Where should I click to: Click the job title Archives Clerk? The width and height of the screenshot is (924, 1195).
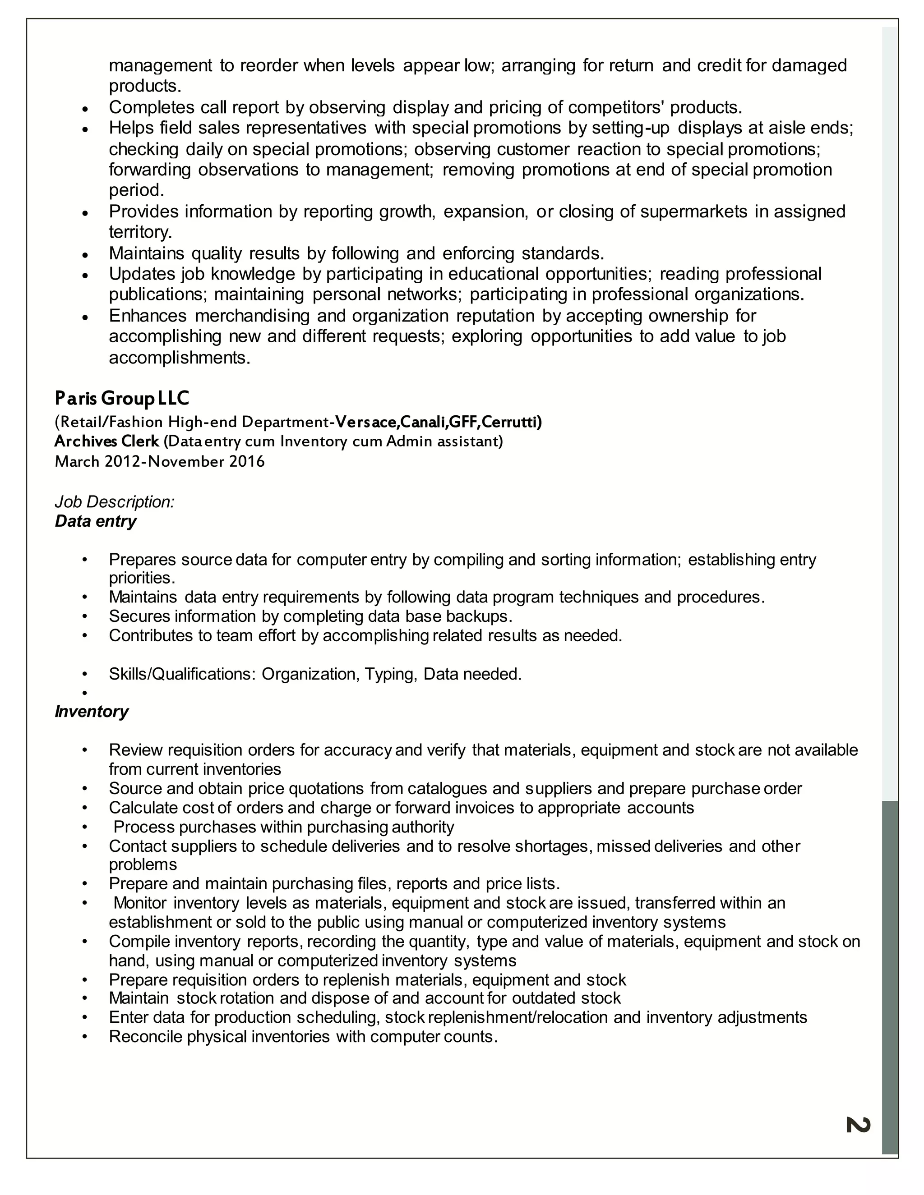107,441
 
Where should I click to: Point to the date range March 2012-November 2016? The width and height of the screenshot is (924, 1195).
160,461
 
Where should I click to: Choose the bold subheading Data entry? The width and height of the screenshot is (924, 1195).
95,521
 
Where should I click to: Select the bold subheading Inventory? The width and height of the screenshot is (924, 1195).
92,711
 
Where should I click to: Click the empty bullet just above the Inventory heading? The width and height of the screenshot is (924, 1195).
84,693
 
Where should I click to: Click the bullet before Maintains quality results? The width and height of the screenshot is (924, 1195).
84,254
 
